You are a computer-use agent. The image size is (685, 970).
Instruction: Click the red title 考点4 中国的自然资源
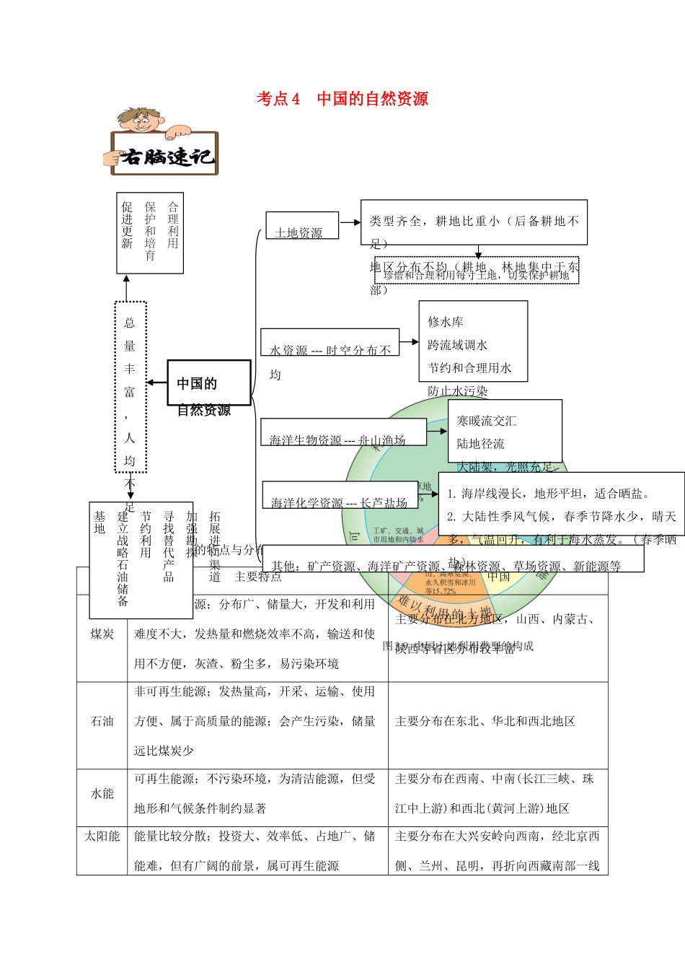[x=342, y=99]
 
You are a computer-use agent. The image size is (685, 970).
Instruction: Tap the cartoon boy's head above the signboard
[x=138, y=118]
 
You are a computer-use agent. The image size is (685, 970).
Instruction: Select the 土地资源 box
[x=301, y=226]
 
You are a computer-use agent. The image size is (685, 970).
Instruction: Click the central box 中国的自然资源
[x=208, y=383]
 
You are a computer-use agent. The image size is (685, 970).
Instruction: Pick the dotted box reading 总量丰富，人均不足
[x=131, y=387]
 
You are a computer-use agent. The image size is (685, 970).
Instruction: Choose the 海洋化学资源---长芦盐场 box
[x=339, y=495]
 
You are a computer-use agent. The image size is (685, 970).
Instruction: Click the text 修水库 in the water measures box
[x=446, y=322]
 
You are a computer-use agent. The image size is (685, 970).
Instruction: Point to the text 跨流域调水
[x=457, y=345]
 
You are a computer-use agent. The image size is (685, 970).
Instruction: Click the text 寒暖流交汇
[x=486, y=421]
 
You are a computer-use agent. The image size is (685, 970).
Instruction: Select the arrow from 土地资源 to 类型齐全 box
[x=350, y=222]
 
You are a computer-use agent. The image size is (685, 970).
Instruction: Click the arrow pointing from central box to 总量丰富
[x=156, y=383]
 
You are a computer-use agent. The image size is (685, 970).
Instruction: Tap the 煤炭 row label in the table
[x=102, y=634]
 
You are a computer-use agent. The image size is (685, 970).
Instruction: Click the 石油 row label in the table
[x=102, y=721]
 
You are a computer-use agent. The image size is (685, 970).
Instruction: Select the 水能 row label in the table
[x=102, y=793]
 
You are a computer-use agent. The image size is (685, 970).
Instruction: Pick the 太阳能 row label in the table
[x=102, y=836]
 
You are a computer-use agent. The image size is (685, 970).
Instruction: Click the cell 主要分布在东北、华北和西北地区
[x=485, y=721]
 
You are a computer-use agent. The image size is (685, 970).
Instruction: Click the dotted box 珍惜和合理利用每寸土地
[x=477, y=274]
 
